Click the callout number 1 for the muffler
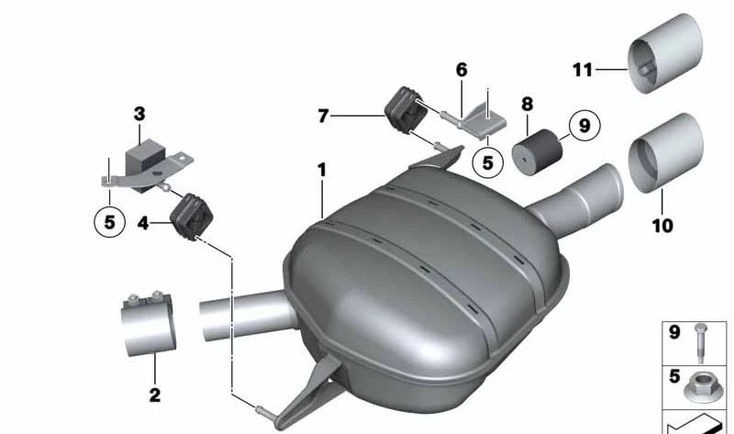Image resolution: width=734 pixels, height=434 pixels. point(322,171)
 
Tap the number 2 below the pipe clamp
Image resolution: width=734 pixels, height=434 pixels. point(154,395)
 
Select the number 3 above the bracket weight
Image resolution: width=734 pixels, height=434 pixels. point(139,114)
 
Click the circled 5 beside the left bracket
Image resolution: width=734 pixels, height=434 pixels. point(109,222)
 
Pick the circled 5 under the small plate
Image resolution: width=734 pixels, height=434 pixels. point(487,163)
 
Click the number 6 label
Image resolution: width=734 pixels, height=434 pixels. point(462,70)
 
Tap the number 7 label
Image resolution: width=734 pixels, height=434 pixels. point(322,117)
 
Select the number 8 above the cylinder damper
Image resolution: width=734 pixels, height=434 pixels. point(528,106)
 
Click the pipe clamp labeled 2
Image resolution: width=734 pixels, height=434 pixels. point(148,322)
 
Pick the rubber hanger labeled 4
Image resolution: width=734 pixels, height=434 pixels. point(192,217)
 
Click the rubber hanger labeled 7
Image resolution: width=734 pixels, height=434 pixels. point(403,109)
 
